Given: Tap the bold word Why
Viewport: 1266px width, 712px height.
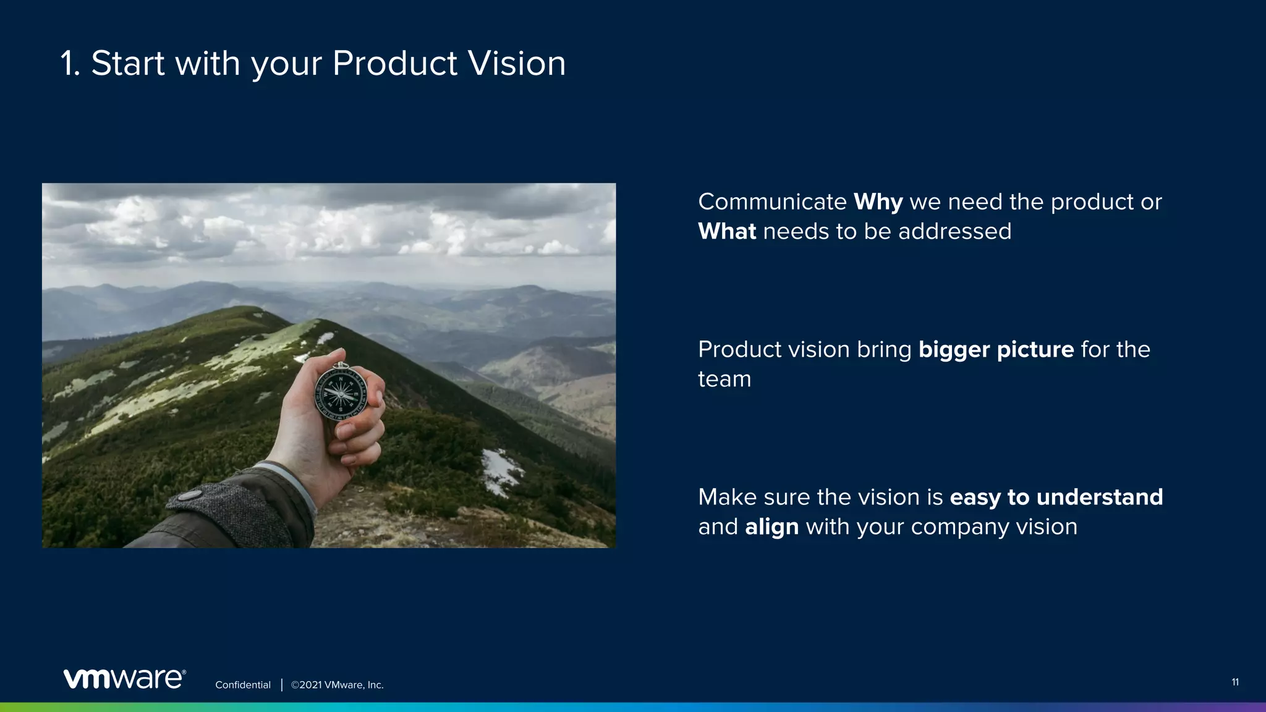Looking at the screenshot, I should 878,202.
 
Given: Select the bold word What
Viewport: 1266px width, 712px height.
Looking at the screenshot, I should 727,232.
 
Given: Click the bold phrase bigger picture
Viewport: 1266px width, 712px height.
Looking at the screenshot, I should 996,350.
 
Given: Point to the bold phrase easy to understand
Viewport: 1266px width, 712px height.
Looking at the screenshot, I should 1056,498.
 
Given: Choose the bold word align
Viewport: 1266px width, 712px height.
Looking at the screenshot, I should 771,527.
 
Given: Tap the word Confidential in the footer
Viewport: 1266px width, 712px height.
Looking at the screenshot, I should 243,685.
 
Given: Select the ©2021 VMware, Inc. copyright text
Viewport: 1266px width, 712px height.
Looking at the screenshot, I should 338,685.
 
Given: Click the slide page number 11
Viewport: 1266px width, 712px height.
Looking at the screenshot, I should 1234,682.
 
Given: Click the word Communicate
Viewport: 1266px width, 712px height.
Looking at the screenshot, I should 772,202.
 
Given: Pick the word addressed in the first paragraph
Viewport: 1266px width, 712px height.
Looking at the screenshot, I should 954,232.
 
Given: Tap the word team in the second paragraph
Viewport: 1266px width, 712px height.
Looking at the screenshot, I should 724,379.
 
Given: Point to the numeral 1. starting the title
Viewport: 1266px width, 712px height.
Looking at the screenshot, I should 70,63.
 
